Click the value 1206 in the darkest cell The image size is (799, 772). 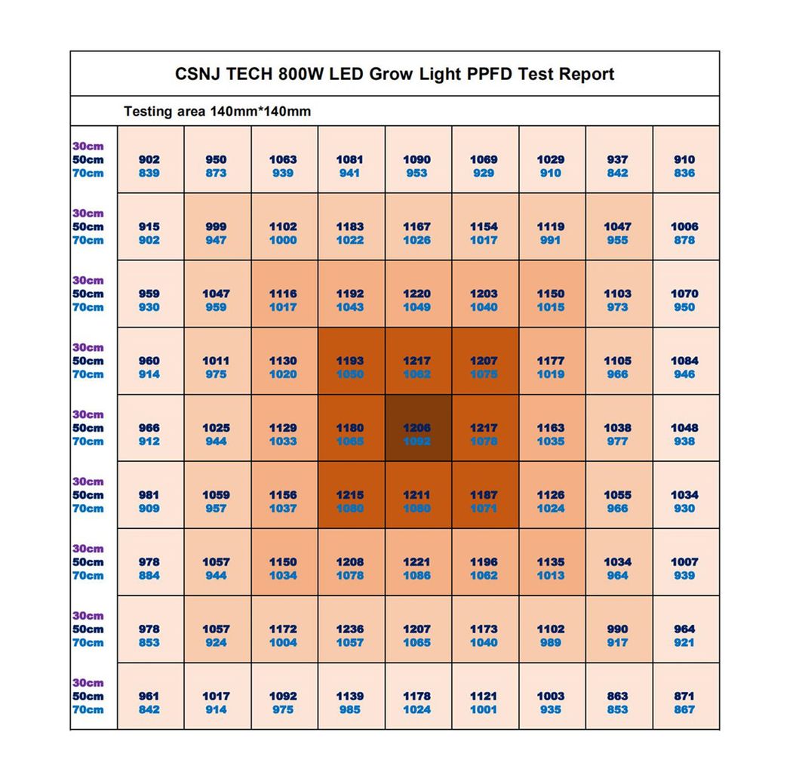point(416,428)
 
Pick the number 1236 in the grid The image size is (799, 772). point(349,629)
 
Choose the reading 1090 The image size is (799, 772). point(416,159)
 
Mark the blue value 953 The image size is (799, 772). point(416,173)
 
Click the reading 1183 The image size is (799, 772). point(349,226)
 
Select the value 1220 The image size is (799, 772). point(416,294)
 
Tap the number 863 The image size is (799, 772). point(617,696)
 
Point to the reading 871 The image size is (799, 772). point(684,696)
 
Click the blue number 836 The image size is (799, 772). point(684,173)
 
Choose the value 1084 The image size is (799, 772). point(684,361)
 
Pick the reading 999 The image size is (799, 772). point(216,226)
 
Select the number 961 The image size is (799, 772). point(149,696)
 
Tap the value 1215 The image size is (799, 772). point(349,495)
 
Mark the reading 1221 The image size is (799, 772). point(416,561)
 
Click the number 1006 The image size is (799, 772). point(684,226)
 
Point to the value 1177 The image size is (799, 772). point(550,361)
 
